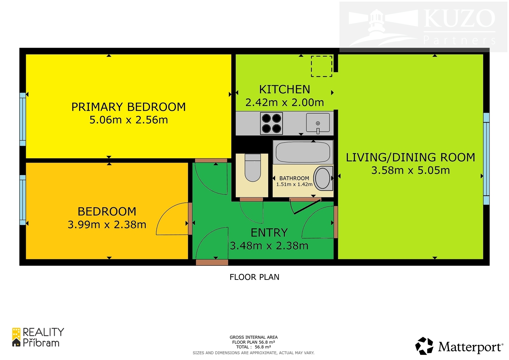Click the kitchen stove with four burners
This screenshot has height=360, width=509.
point(271,124)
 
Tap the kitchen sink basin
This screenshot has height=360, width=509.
point(318,123)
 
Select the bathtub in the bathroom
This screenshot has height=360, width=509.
point(303,152)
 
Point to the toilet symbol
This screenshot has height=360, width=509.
point(253,168)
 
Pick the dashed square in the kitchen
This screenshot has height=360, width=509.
point(322,66)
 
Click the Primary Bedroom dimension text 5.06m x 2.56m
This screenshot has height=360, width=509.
point(129,120)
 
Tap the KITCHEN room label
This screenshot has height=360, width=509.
point(284,89)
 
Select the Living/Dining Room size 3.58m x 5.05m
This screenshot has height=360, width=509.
point(410,170)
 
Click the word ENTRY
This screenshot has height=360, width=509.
point(269,232)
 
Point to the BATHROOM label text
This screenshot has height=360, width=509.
point(294,178)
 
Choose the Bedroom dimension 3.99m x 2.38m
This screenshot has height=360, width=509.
point(107,225)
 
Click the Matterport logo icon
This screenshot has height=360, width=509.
point(424,346)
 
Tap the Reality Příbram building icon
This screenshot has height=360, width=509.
point(16,337)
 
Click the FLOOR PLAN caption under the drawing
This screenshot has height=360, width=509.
point(254,277)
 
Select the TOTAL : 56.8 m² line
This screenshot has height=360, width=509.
point(254,347)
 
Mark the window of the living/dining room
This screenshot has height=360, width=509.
point(486,159)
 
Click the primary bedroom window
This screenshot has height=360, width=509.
point(23,119)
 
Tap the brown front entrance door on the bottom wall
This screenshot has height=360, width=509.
point(212,262)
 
